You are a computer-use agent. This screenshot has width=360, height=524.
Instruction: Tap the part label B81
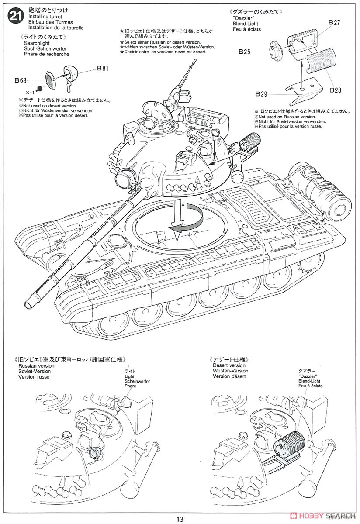pyautogui.click(x=103, y=68)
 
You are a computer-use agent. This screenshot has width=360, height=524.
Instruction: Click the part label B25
pyautogui.click(x=245, y=52)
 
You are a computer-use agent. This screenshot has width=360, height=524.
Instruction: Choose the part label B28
pyautogui.click(x=336, y=90)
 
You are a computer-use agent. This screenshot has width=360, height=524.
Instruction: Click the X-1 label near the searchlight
pyautogui.click(x=30, y=93)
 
